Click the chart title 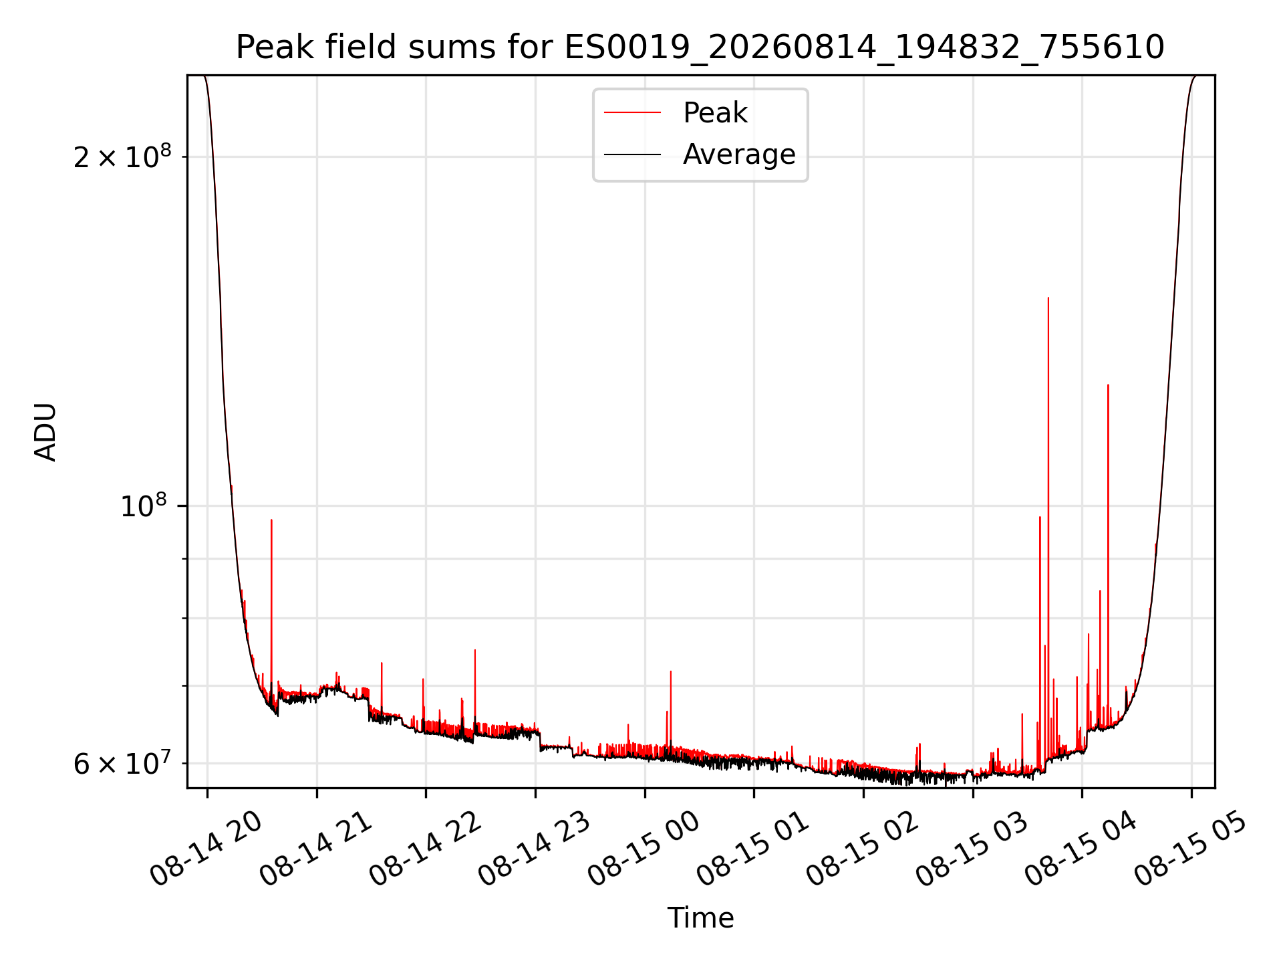(x=700, y=47)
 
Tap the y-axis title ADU (x=45, y=432)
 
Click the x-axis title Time (x=700, y=918)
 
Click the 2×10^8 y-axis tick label (x=122, y=156)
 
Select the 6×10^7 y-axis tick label (x=122, y=762)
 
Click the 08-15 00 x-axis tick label (x=644, y=849)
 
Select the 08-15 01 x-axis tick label (x=753, y=849)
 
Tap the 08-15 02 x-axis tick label (x=863, y=849)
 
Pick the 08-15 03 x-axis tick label (x=972, y=849)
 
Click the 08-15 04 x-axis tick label (x=1081, y=849)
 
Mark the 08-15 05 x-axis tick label (x=1191, y=849)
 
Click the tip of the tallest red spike (x=1048, y=298)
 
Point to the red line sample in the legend (x=632, y=113)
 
